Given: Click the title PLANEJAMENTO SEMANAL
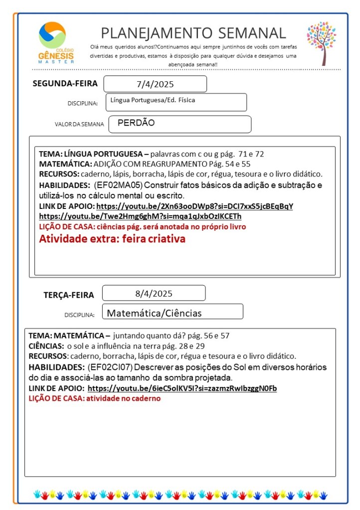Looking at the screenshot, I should click(x=193, y=33).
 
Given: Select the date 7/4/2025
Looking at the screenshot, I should click(x=155, y=84).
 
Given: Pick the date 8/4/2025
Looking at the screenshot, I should click(x=154, y=293).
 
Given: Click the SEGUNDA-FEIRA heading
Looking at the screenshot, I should click(x=65, y=83).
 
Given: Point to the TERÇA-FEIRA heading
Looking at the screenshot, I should click(x=69, y=295).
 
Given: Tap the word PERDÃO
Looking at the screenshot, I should click(x=136, y=123).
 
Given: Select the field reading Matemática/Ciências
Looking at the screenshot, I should click(x=155, y=313).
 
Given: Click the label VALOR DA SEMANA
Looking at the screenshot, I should click(x=79, y=124).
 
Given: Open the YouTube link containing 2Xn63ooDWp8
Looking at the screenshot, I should click(x=194, y=206).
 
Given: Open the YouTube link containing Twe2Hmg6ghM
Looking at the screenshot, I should click(x=140, y=216).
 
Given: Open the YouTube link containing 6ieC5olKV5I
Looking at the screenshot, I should click(x=182, y=388).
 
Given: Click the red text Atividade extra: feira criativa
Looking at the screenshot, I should click(x=112, y=239).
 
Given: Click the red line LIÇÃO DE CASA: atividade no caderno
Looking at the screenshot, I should click(x=95, y=398).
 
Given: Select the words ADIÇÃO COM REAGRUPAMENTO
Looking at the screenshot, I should click(x=145, y=164).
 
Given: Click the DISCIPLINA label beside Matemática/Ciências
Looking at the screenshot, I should click(x=79, y=315).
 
